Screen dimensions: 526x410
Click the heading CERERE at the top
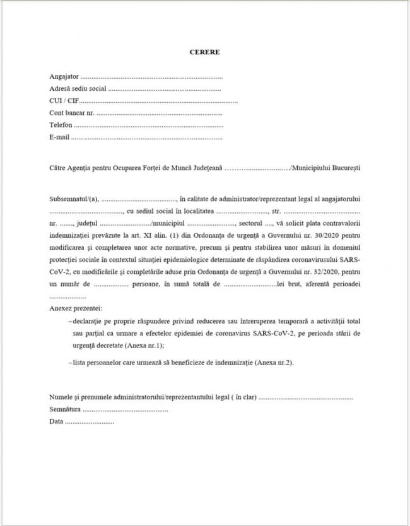(204, 52)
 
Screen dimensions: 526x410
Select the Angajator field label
(64, 76)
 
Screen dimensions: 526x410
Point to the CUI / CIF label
(62, 101)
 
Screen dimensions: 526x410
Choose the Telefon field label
(61, 125)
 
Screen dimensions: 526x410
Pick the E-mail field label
(59, 137)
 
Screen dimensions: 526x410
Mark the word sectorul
(251, 223)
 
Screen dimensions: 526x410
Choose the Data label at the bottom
(56, 421)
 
